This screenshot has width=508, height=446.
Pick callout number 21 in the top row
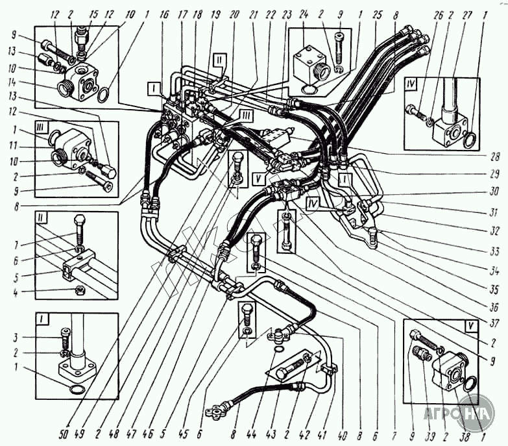point(235,12)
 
